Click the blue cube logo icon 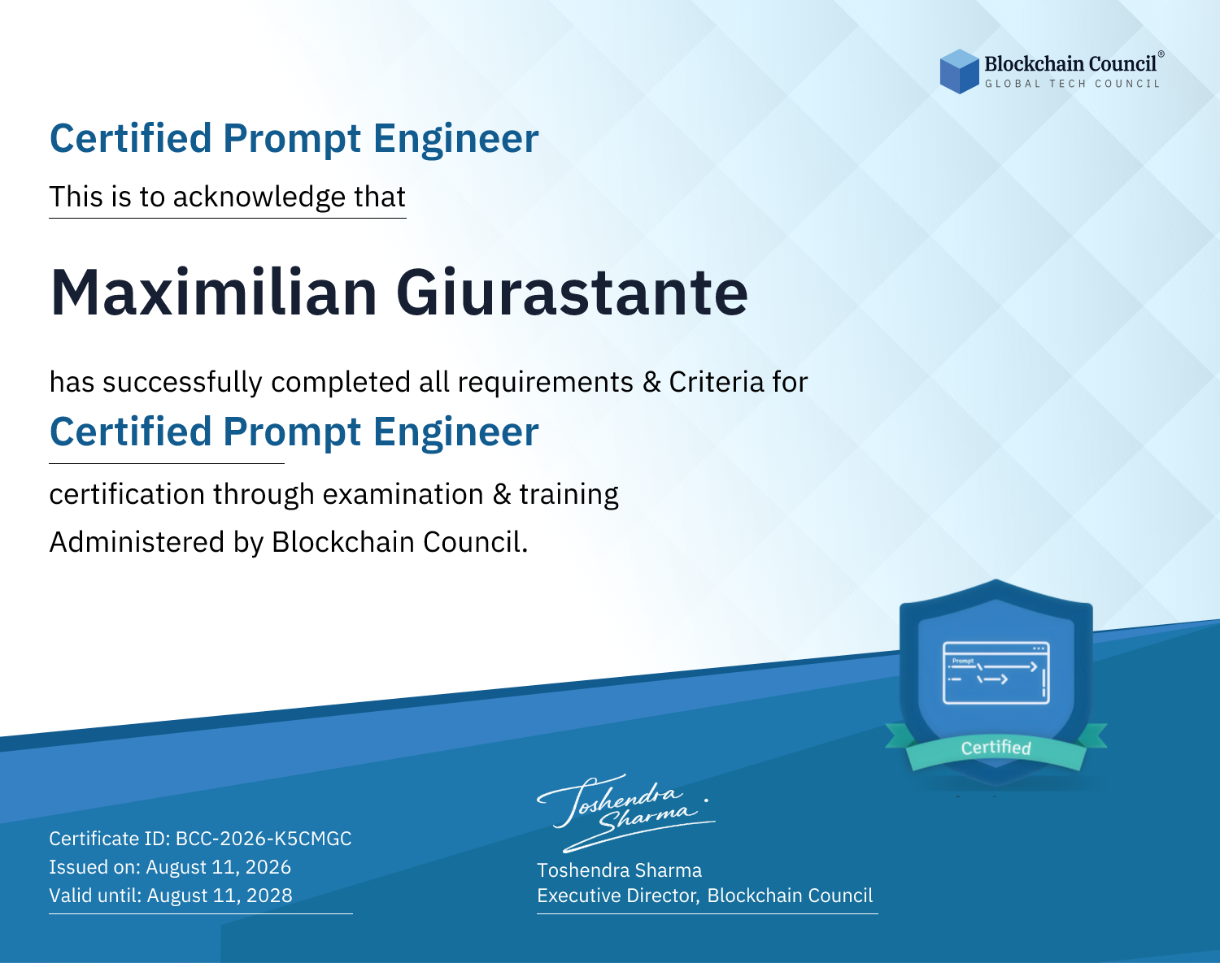point(959,72)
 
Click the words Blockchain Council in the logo point(1070,64)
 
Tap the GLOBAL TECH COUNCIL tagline point(1072,84)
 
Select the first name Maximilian point(214,293)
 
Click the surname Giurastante point(572,293)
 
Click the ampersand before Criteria point(651,383)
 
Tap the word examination point(403,494)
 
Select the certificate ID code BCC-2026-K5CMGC point(264,839)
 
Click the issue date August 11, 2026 point(218,867)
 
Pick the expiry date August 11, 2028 point(220,896)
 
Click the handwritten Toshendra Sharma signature point(625,813)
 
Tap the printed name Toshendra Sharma point(619,870)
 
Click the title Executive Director point(617,896)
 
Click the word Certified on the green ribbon point(996,748)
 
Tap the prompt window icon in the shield point(996,673)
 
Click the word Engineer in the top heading point(455,139)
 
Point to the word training point(569,494)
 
